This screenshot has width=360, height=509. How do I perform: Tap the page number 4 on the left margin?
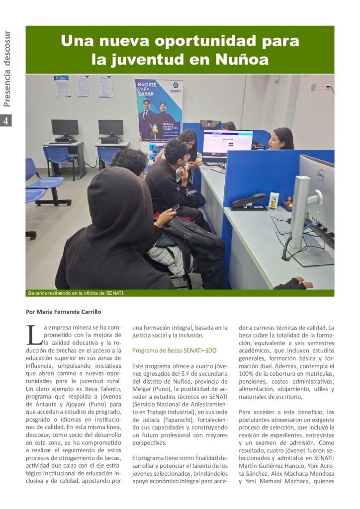point(6,121)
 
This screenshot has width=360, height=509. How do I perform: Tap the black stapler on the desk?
point(248,201)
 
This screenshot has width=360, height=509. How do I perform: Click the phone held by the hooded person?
point(175,208)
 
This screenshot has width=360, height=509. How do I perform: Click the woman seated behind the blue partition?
point(282,139)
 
